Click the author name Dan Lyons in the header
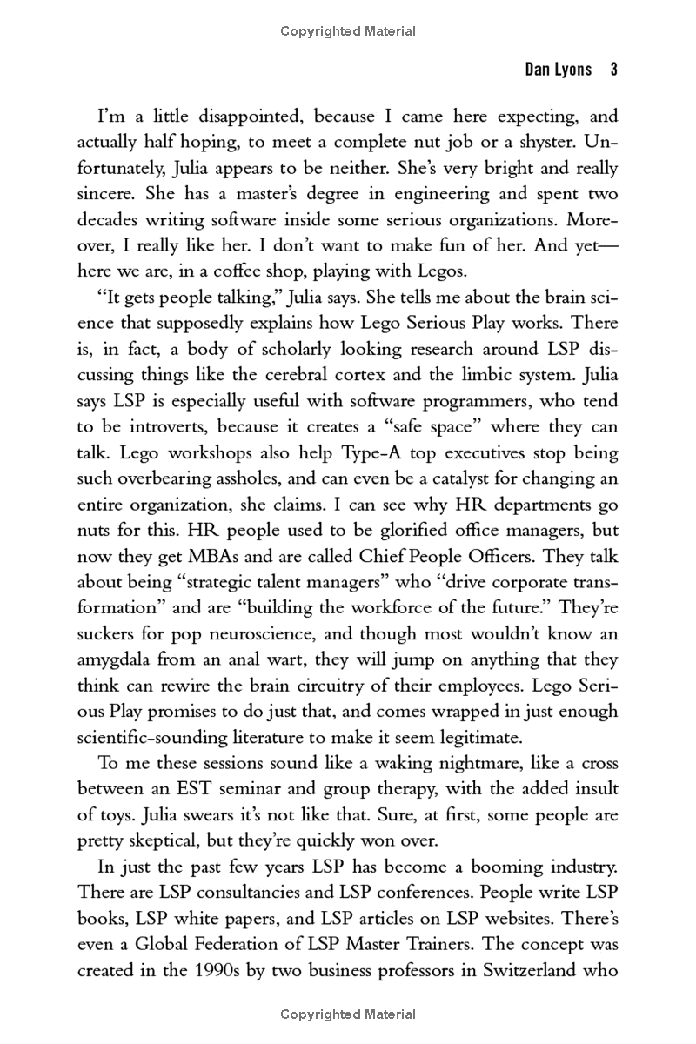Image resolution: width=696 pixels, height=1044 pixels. click(558, 70)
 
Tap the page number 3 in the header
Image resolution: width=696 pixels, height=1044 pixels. click(613, 70)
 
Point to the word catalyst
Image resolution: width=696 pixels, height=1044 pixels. click(445, 478)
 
